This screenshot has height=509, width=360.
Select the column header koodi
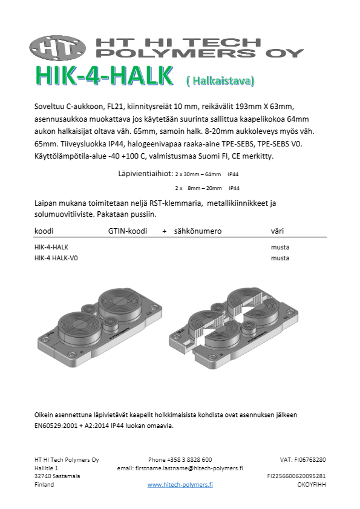pos(45,231)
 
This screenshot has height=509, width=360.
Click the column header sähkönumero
pos(197,231)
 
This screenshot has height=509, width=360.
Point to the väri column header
pos(278,231)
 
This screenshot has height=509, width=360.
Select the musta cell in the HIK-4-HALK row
pos(280,248)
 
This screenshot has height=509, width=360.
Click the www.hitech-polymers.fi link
pos(180,485)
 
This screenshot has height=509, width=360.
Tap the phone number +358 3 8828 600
pos(180,460)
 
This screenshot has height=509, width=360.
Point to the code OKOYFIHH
pos(312,485)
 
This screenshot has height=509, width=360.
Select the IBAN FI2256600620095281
pos(296,476)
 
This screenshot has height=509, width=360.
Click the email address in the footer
pos(180,468)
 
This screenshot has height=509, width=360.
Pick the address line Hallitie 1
pos(47,468)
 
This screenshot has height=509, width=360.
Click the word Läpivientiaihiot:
pos(145,173)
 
